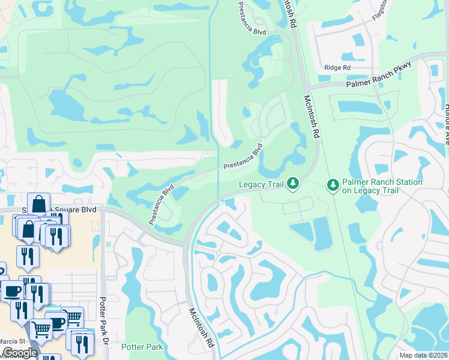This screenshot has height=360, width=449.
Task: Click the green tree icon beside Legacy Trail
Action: pos(292,182)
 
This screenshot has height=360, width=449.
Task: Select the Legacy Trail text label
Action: pos(261,184)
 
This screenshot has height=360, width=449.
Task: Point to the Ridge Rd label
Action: pos(337,68)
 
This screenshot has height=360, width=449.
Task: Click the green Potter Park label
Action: pos(142,347)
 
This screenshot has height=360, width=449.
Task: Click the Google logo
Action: pos(20,353)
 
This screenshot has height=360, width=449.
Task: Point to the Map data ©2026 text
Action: pos(423,355)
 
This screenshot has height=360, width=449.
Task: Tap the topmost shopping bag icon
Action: pos(38,203)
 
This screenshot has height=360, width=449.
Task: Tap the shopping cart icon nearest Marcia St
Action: pos(41,328)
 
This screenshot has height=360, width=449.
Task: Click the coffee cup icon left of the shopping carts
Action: pos(11,291)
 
